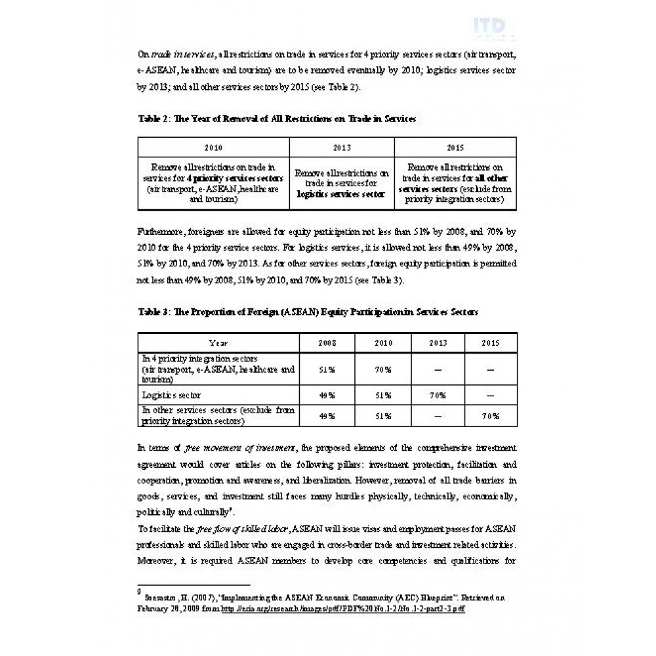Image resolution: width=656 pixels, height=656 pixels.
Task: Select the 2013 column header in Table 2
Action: (341, 148)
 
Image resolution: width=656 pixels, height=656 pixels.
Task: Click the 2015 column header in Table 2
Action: (455, 148)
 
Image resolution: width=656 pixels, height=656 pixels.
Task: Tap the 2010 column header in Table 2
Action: (213, 148)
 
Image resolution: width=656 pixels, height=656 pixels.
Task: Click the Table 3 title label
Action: (308, 312)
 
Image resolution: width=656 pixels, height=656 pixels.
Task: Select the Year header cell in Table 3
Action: (218, 342)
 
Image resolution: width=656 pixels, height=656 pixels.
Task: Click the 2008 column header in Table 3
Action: (327, 342)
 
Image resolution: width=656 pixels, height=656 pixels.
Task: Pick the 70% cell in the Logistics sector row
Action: (438, 395)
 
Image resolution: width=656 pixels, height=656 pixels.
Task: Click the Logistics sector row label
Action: (171, 395)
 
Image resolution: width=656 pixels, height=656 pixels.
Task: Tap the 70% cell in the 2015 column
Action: (491, 416)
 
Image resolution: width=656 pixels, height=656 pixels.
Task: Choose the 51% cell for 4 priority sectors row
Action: (327, 369)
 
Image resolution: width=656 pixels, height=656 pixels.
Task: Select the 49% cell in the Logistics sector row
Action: (327, 395)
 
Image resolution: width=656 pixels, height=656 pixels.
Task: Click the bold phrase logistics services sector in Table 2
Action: (340, 194)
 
